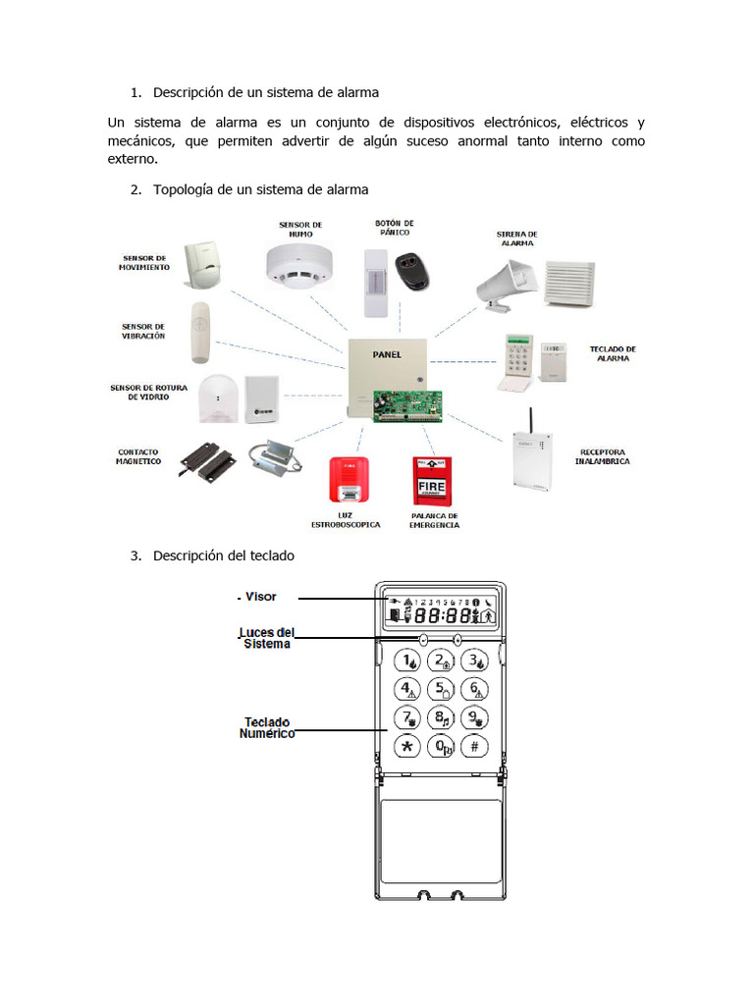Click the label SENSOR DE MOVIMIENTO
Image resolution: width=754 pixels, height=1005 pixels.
144,262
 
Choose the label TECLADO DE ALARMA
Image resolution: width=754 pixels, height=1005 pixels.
613,353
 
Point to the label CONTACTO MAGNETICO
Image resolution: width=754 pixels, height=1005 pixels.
138,456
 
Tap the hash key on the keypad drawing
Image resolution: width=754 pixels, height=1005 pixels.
474,747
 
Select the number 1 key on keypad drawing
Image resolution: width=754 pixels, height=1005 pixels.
407,661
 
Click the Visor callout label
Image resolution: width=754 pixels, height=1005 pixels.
260,597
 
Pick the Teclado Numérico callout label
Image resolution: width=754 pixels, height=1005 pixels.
267,727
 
